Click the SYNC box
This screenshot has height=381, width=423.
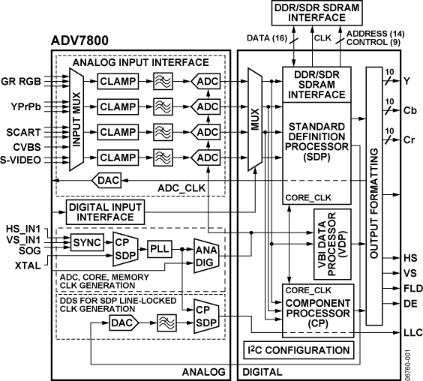coord(87,244)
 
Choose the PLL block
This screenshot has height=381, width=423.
coord(159,248)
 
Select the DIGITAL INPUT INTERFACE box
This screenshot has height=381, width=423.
coord(112,212)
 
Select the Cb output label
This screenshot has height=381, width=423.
coord(410,110)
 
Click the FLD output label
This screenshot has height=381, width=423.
coord(410,288)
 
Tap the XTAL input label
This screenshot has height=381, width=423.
coord(28,265)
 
